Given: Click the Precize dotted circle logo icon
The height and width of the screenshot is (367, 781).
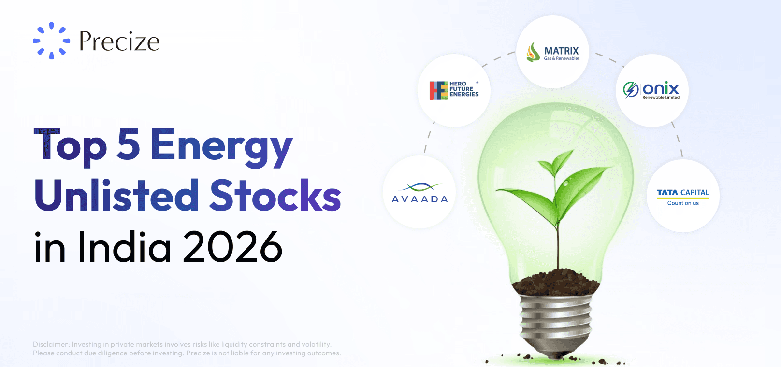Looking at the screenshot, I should point(51,41).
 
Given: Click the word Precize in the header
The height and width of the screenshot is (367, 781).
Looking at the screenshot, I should point(119,42).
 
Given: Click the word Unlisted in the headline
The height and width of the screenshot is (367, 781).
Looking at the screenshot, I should point(116,196).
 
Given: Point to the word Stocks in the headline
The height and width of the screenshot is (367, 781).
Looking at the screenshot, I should point(275,196).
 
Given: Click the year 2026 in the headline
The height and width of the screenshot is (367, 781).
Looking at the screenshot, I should point(232,247).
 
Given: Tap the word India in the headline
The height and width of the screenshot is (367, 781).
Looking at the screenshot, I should point(125,247).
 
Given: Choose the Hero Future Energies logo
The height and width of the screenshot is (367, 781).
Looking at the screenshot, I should point(454,90).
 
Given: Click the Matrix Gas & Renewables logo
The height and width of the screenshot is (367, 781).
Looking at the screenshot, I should point(553,52).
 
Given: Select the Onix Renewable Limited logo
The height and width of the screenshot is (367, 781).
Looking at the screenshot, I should point(652,90).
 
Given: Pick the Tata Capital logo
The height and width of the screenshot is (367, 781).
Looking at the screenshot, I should point(683,196).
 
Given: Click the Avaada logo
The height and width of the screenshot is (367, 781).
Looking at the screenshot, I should point(419,193).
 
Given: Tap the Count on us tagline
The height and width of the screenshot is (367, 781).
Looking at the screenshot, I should point(683,203).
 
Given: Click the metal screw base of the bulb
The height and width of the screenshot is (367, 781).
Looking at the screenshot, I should point(556,321).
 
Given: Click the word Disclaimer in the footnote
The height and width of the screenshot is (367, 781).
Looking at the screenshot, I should point(51,344).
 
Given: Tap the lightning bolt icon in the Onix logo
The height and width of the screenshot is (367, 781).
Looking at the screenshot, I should point(631,89).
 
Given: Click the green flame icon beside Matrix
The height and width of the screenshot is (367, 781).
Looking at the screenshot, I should point(533,52).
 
